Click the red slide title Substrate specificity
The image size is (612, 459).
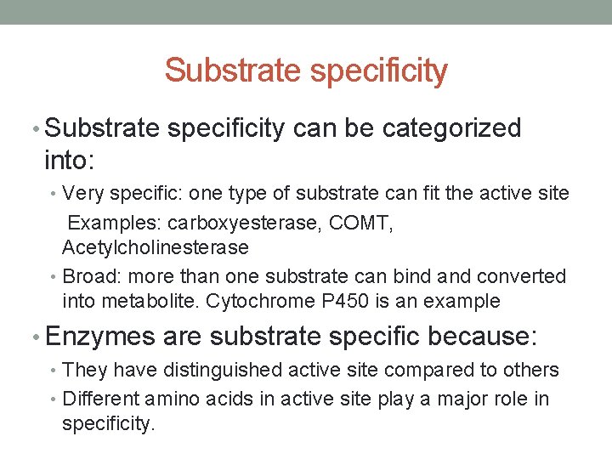306,71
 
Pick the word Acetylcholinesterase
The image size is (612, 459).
155,247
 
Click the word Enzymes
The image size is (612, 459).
100,337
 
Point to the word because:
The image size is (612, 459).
483,337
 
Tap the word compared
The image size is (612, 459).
424,370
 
